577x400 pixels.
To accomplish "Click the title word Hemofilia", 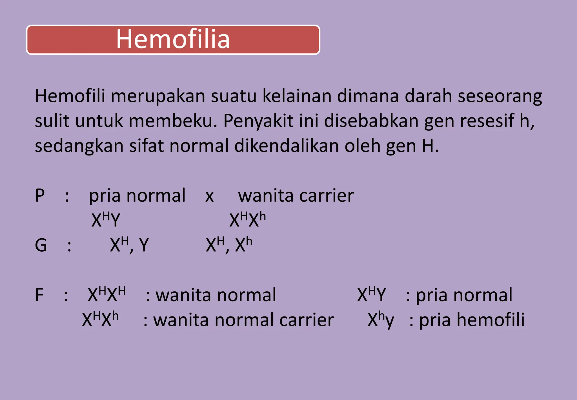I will (x=173, y=39).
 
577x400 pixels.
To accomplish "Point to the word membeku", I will (x=172, y=121).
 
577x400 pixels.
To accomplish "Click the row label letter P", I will (x=40, y=195).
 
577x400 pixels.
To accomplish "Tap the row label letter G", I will (x=41, y=245).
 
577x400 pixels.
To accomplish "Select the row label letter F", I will (x=39, y=295).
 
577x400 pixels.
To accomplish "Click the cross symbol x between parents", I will (x=209, y=196).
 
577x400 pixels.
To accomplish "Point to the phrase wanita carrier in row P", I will (x=296, y=195).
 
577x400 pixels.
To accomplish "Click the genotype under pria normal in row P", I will (x=106, y=219).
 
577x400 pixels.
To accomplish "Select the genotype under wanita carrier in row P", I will (x=247, y=219).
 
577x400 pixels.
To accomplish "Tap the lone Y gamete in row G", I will (x=144, y=245).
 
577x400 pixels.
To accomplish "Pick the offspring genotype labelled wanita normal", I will (x=106, y=294).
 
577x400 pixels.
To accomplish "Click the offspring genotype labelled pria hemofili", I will (x=381, y=320).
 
